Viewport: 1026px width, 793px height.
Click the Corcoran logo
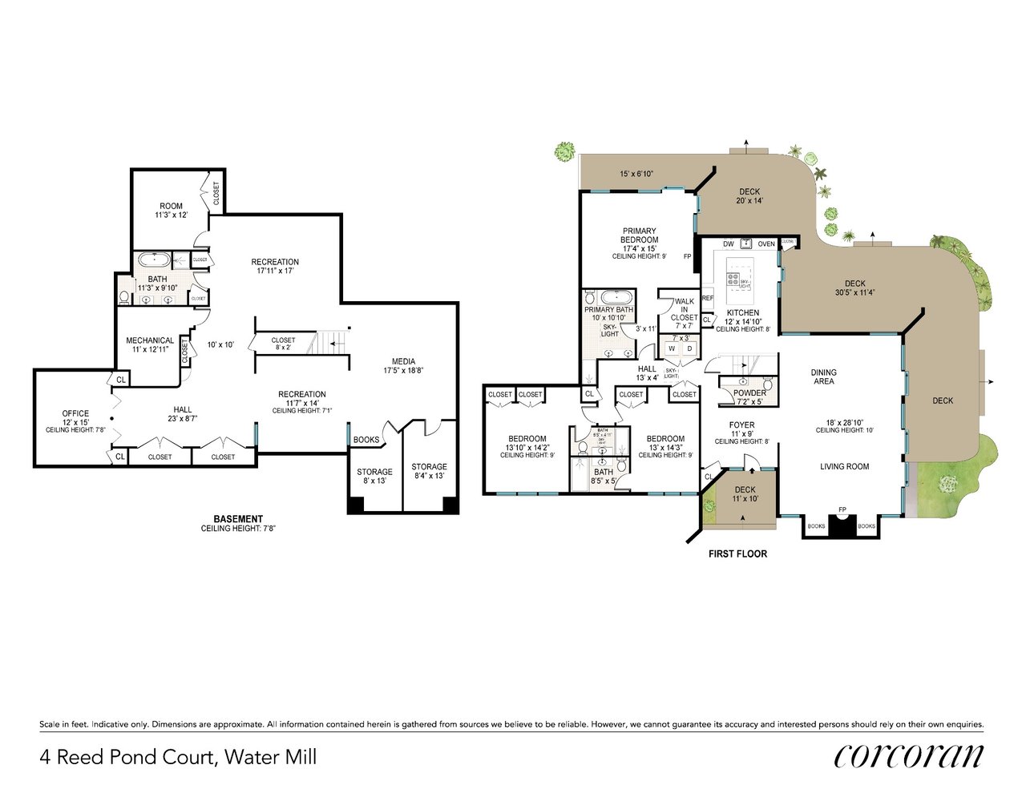(x=908, y=755)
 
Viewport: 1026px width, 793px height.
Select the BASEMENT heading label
(x=238, y=519)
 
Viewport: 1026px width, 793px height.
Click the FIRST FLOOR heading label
(x=737, y=553)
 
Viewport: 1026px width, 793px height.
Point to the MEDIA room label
(x=403, y=361)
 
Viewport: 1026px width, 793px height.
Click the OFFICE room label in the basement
(x=75, y=414)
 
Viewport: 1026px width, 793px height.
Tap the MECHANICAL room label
(x=150, y=340)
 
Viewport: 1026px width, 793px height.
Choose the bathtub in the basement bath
(x=153, y=260)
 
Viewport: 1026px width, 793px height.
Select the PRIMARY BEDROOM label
(x=639, y=235)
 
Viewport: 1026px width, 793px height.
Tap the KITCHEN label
(x=742, y=313)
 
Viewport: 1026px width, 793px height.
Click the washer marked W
(x=671, y=348)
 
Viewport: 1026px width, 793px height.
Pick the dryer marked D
(x=689, y=348)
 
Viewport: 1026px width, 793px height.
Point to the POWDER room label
(x=749, y=393)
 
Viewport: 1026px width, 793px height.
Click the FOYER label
(x=741, y=425)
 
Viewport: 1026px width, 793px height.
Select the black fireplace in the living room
(x=842, y=525)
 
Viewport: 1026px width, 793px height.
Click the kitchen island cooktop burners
(x=733, y=280)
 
